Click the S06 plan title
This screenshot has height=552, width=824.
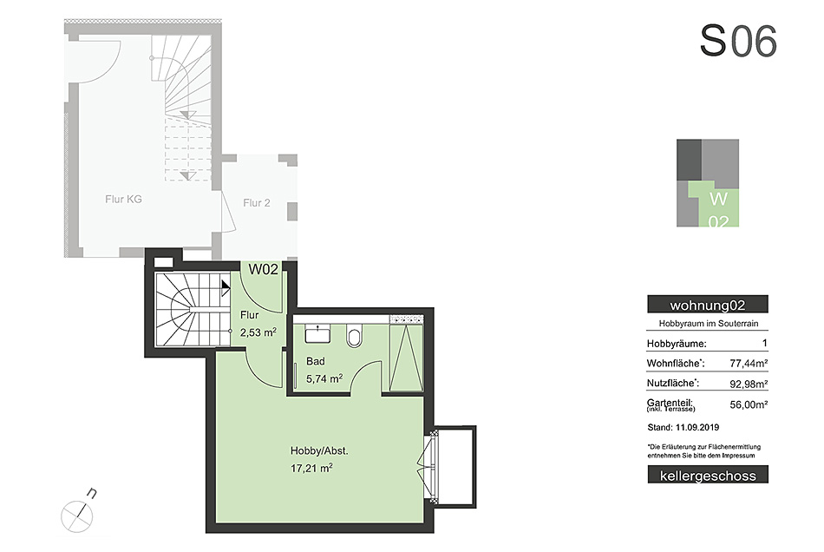[738, 41]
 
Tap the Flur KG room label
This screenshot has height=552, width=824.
[123, 200]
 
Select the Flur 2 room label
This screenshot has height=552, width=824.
[257, 203]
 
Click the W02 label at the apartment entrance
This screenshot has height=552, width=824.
[263, 269]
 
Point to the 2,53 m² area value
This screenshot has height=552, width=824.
[258, 332]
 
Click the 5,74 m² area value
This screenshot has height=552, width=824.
[324, 378]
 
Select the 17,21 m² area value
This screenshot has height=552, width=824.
[311, 468]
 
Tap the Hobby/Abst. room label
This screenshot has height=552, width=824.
[319, 450]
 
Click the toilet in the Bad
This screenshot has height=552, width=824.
[355, 335]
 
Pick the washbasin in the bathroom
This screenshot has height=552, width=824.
[317, 334]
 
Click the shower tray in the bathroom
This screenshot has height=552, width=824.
[406, 357]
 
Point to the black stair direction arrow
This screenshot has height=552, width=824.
[226, 287]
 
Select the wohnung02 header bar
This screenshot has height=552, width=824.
[707, 305]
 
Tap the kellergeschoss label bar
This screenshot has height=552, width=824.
[708, 476]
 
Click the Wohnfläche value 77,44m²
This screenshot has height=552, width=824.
[749, 364]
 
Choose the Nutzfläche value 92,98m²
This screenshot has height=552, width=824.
[749, 384]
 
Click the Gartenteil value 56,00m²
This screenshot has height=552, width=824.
[749, 404]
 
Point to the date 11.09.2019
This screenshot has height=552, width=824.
[697, 427]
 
